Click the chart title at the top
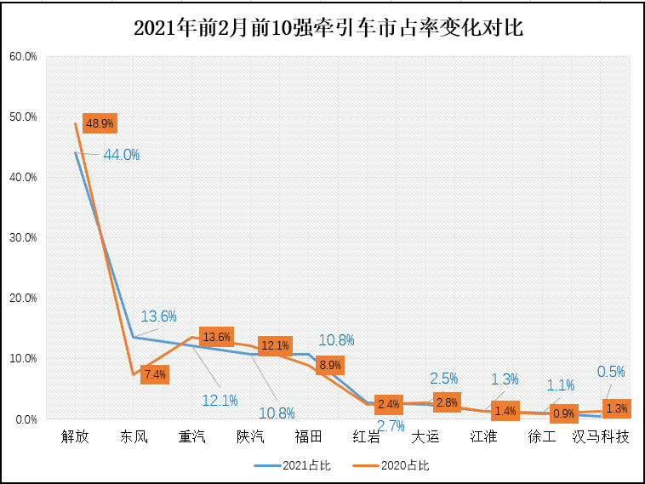pyautogui.click(x=328, y=27)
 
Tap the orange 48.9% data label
pyautogui.click(x=99, y=123)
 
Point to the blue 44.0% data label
pyautogui.click(x=121, y=155)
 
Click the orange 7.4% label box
pyautogui.click(x=156, y=373)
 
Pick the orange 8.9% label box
pyautogui.click(x=329, y=365)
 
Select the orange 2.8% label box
pyautogui.click(x=447, y=403)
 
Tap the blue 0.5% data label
pyautogui.click(x=611, y=372)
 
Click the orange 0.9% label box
pyautogui.click(x=563, y=413)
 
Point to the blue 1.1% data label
pyautogui.click(x=560, y=384)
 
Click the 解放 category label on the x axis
pyautogui.click(x=75, y=437)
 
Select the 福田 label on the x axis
pyautogui.click(x=308, y=437)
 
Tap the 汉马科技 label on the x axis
pyautogui.click(x=601, y=437)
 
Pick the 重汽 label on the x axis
pyautogui.click(x=191, y=437)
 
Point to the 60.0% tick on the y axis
pyautogui.click(x=23, y=57)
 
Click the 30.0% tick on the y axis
pyautogui.click(x=23, y=238)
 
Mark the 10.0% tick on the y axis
pyautogui.click(x=23, y=359)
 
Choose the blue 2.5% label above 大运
pyautogui.click(x=444, y=378)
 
